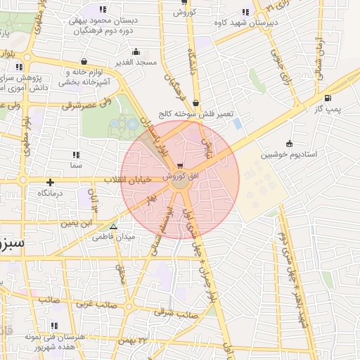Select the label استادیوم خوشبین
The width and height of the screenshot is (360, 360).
288,154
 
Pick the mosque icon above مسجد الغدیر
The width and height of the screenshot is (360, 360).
136,52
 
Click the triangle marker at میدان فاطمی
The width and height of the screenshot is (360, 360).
113,226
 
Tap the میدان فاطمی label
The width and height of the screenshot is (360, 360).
115,238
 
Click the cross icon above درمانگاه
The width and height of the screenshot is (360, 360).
50,182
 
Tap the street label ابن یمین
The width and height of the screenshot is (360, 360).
75,224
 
